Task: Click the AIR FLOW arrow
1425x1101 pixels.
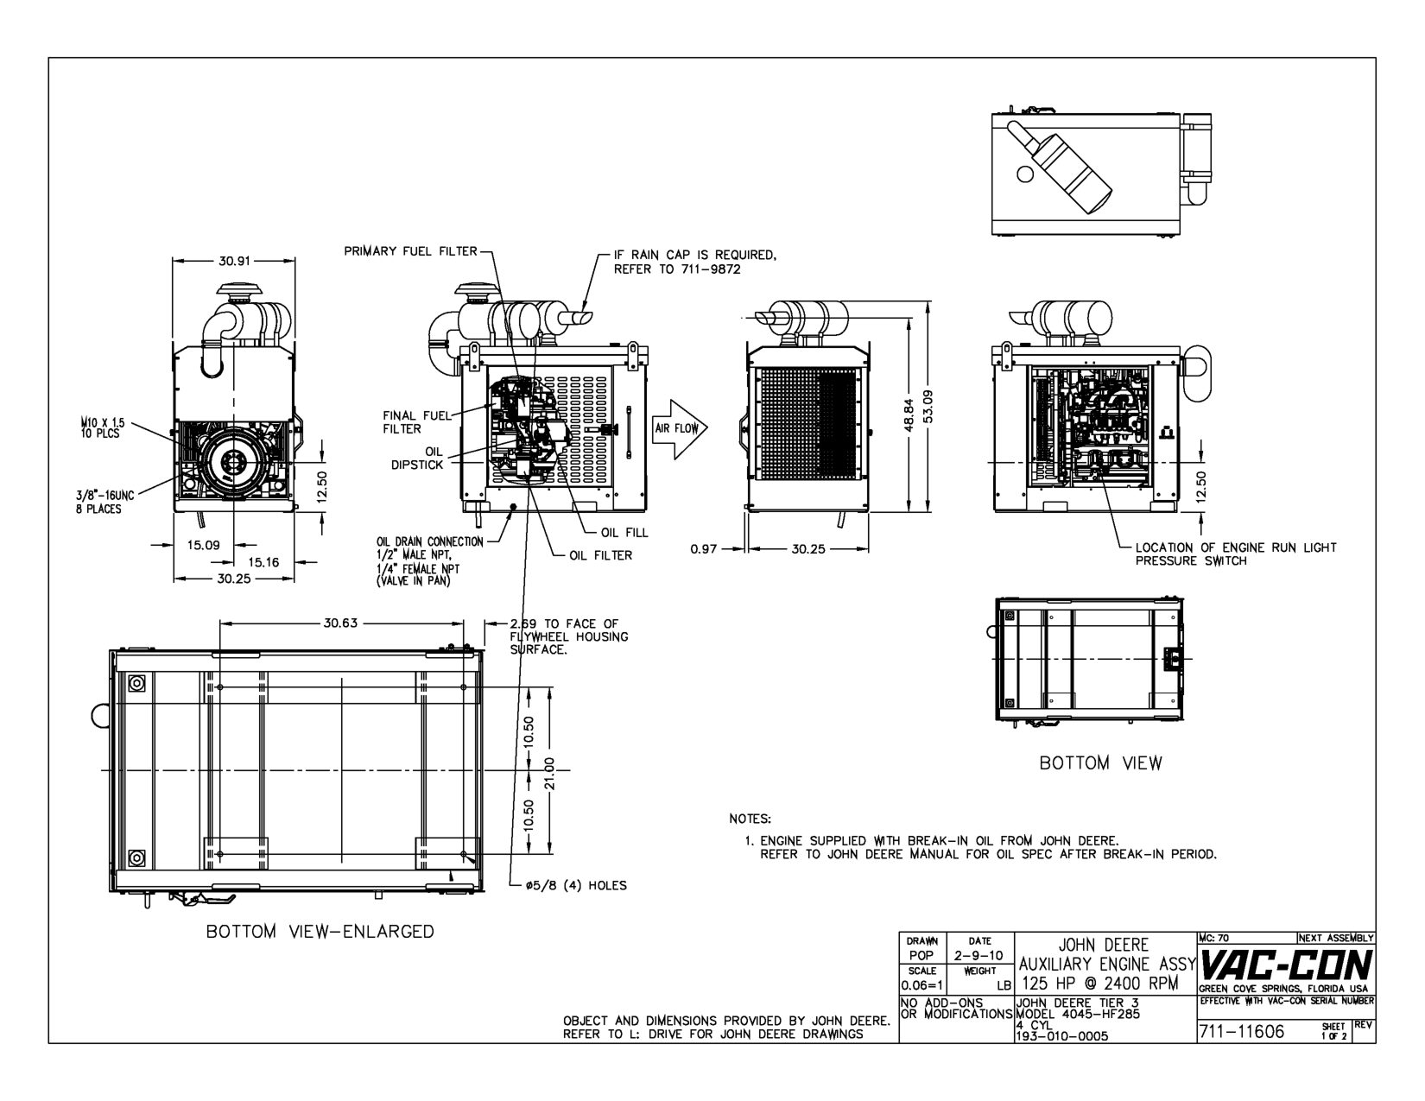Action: [x=680, y=429]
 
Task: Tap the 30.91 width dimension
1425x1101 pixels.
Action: [x=234, y=261]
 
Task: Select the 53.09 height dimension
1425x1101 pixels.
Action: [x=928, y=407]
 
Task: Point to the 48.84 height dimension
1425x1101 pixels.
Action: [x=909, y=415]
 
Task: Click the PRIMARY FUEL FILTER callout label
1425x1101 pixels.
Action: [x=411, y=251]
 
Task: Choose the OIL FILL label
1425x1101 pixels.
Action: [x=624, y=533]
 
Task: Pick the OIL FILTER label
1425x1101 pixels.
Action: [x=601, y=555]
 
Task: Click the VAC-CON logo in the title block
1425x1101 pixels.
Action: [x=1285, y=965]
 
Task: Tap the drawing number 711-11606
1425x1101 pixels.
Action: [x=1241, y=1032]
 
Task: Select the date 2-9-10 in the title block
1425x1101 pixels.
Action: [x=979, y=956]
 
